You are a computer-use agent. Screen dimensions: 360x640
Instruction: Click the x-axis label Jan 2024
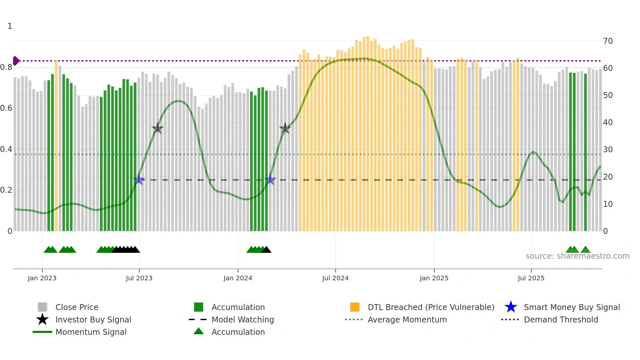tap(238, 278)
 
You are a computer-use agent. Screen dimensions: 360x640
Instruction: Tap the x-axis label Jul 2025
tap(531, 278)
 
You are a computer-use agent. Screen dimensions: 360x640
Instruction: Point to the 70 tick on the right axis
tap(608, 41)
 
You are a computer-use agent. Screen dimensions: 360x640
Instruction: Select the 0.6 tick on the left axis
tap(6, 108)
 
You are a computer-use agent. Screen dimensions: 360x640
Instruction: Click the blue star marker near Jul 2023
tap(139, 180)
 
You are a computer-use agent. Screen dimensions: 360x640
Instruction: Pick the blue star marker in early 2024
tap(270, 180)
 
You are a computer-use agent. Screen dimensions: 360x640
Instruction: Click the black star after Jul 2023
tap(157, 128)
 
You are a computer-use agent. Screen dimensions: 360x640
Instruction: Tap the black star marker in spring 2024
tap(285, 128)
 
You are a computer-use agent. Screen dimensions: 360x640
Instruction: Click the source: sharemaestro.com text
tap(577, 256)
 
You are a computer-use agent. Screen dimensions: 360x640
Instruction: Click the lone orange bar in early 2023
tap(56, 145)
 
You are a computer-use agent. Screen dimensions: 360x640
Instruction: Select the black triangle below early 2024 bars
tap(266, 250)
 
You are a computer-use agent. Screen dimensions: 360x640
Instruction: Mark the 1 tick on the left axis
tap(10, 26)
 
